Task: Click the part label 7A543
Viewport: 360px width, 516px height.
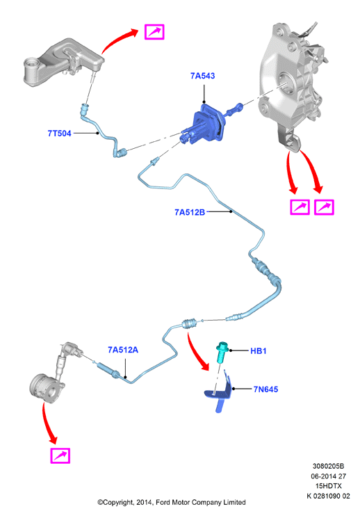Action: point(202,76)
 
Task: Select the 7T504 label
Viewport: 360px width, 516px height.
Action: point(60,134)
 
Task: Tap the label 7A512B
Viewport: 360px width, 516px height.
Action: point(190,212)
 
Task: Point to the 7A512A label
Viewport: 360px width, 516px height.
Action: point(123,350)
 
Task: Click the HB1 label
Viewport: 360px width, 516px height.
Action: point(259,351)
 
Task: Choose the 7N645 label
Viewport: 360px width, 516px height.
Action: point(265,389)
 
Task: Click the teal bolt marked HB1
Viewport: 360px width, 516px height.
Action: point(222,352)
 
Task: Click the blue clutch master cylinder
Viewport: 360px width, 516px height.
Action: point(204,124)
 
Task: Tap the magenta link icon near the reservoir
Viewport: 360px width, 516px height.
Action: point(154,32)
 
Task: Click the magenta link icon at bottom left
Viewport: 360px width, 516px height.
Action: point(60,455)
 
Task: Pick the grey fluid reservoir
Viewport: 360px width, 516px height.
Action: point(63,63)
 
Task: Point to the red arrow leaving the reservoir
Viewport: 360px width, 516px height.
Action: point(117,38)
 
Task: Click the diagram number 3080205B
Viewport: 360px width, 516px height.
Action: point(328,466)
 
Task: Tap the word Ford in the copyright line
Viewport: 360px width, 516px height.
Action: point(163,503)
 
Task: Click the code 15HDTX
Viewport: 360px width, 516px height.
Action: point(329,485)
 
